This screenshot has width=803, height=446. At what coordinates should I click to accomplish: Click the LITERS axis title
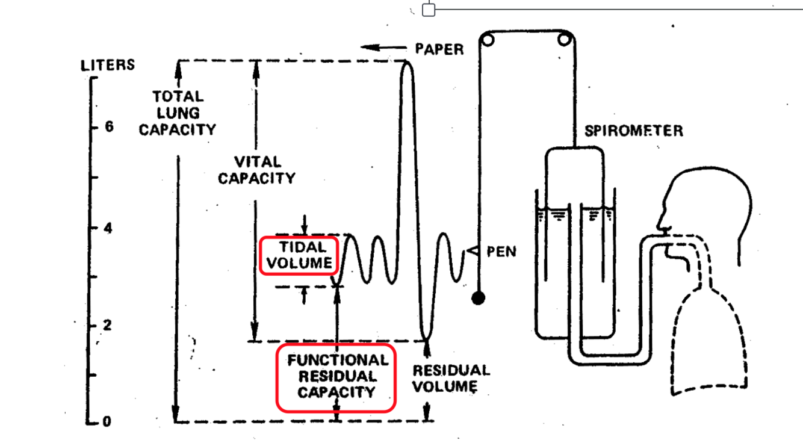pos(108,65)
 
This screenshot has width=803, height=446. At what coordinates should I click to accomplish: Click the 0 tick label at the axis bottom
pos(107,421)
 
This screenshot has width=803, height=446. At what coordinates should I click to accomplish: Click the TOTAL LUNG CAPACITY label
pos(178,113)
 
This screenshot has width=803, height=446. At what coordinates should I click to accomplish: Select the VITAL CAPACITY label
pos(257,170)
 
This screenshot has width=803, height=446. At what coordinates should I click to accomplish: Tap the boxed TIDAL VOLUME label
pos(299,255)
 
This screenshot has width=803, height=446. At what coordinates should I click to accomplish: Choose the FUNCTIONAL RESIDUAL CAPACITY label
pos(336,376)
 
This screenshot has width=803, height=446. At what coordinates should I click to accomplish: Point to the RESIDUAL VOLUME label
pos(451,378)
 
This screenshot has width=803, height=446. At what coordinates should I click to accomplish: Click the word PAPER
pos(439,49)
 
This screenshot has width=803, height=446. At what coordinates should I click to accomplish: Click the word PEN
pos(501,251)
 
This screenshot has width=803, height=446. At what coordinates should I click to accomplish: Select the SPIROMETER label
pos(634,131)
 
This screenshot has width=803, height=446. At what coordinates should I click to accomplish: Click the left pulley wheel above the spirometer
pos(488,40)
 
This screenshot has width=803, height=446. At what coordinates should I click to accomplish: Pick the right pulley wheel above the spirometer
pos(565,40)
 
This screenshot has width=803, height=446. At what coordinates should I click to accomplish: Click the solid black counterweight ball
pos(478,298)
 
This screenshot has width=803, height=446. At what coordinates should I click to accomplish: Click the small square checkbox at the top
pos(429,10)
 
